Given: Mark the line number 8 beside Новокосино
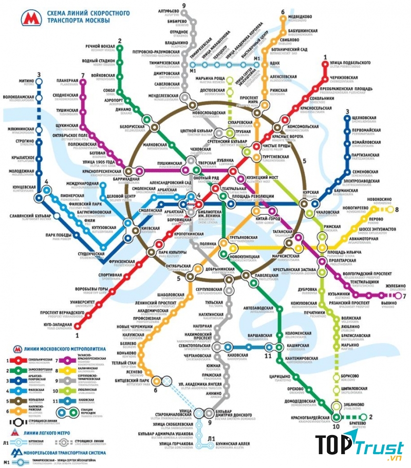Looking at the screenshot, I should (x=396, y=209).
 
